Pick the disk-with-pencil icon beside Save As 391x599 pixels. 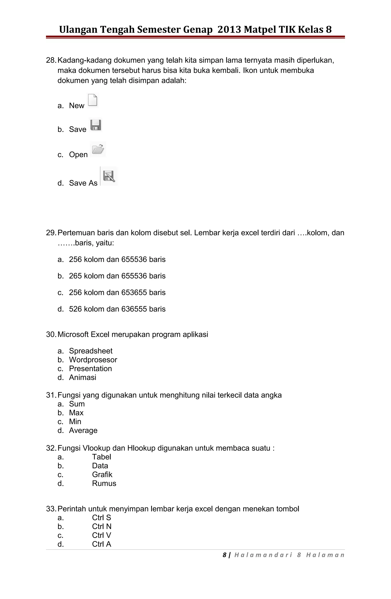[109, 176]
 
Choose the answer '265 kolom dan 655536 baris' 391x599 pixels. [117, 276]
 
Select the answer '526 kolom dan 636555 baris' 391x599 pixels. [117, 309]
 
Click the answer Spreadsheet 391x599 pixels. [91, 351]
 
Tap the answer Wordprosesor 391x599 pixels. [93, 360]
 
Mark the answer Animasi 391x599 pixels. [82, 377]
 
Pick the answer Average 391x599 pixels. [83, 430]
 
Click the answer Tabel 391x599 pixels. [102, 457]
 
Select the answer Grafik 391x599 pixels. [102, 474]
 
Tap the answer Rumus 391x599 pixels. [104, 483]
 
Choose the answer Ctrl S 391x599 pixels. [102, 518]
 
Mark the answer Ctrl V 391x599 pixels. [102, 535]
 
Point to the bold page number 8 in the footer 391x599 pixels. [224, 555]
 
